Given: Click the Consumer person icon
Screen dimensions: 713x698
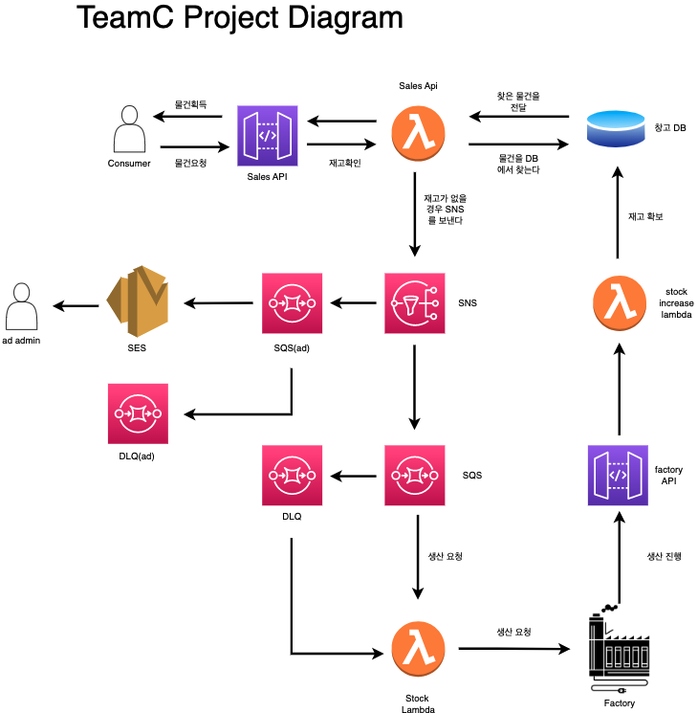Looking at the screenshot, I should point(129,129).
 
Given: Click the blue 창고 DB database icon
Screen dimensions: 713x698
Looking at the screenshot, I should point(616,128).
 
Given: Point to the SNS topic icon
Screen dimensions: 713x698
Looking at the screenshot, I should point(414,303).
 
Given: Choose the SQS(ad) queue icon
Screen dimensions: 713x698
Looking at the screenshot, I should point(292,303).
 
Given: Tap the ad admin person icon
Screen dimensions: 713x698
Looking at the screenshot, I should point(21,305).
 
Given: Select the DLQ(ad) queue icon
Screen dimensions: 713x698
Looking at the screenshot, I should point(139,413).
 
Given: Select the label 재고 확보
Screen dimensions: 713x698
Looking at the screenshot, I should point(645,216).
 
